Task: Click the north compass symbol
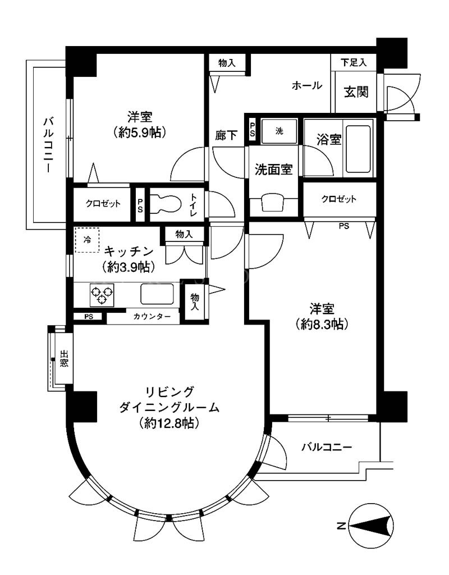[x=372, y=527]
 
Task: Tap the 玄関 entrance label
[x=356, y=92]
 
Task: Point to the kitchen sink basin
[x=157, y=294]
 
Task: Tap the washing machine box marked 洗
[x=279, y=131]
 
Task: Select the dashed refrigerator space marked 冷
[x=87, y=240]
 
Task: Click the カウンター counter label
[x=152, y=317]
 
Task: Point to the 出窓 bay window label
[x=64, y=359]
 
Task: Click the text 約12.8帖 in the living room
[x=169, y=423]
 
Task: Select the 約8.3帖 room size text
[x=322, y=324]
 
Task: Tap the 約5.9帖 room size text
[x=140, y=132]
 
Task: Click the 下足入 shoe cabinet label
[x=354, y=62]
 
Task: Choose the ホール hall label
[x=307, y=86]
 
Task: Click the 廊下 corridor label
[x=226, y=136]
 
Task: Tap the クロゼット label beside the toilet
[x=103, y=203]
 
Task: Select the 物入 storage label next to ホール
[x=227, y=63]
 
